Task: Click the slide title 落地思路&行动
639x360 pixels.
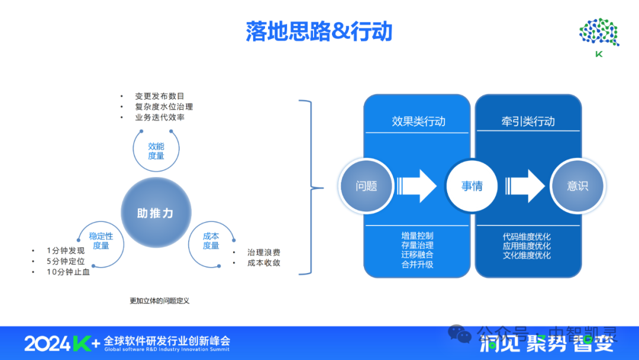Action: coord(319,31)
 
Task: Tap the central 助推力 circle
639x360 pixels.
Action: coord(156,213)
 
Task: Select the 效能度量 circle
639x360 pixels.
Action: coord(156,150)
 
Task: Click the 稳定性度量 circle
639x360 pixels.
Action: coord(101,241)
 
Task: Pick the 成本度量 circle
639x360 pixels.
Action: coord(211,241)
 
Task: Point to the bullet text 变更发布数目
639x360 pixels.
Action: coord(160,96)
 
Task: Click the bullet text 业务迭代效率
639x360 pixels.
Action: coord(160,117)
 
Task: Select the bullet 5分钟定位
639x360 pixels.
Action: coord(66,261)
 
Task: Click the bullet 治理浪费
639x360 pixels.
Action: coord(264,252)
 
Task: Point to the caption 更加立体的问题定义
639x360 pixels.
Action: coord(160,301)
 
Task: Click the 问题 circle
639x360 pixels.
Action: coord(366,186)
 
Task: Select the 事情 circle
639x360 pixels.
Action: coord(472,186)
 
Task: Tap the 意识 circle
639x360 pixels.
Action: coord(577,186)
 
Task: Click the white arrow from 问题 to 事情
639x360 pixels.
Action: coord(418,186)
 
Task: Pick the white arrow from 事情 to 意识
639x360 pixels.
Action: coord(525,186)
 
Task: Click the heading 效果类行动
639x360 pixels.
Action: coord(418,121)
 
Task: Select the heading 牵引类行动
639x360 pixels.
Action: coord(528,121)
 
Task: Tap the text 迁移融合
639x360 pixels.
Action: coord(417,255)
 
